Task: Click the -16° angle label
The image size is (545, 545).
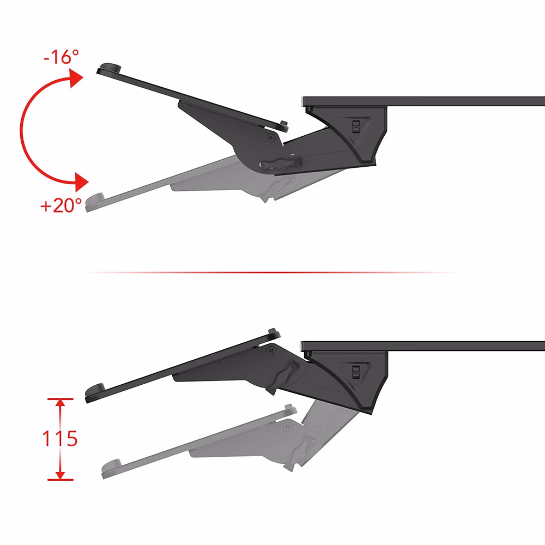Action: click(62, 57)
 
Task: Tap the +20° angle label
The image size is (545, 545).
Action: click(61, 205)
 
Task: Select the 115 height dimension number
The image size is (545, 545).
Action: click(60, 439)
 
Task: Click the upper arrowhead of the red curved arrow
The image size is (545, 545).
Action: click(76, 78)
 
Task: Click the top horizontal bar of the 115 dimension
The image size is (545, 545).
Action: click(60, 399)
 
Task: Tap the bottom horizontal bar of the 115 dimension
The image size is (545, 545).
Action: click(60, 480)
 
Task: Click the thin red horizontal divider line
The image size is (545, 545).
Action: click(271, 272)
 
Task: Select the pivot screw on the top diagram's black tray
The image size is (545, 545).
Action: click(271, 138)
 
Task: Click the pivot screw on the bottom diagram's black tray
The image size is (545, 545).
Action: click(271, 351)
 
